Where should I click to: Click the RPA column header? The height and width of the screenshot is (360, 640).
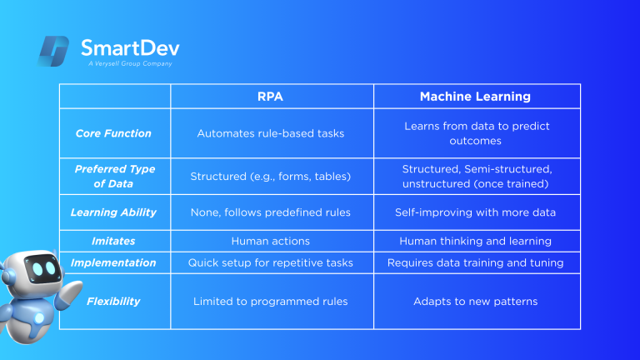pos(270,97)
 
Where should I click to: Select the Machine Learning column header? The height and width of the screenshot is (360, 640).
pos(475,97)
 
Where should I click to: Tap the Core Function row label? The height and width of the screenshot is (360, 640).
pos(113,133)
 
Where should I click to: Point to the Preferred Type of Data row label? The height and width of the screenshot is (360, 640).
pos(115,177)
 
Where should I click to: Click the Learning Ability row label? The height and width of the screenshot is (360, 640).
pos(113,212)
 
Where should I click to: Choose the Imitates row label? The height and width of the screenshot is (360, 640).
pos(113,241)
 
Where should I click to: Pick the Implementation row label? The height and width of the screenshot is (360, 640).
pos(113,262)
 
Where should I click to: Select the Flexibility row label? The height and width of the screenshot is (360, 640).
pos(113,301)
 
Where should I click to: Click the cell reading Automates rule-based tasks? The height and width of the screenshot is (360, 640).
pos(271,133)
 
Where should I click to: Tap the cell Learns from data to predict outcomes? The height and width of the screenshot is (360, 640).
pos(477,133)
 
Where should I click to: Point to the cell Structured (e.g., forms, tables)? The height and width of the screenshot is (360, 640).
pos(271,177)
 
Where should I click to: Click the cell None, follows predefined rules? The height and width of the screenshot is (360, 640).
pos(271,212)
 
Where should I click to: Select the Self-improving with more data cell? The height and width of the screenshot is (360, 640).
pos(476,212)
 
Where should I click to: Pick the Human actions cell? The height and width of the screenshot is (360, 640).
pos(271,241)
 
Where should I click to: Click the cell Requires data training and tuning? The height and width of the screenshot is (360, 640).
pos(476,262)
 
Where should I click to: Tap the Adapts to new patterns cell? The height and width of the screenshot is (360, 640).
pos(476,301)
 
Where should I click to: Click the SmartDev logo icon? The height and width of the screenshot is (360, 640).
pos(53,51)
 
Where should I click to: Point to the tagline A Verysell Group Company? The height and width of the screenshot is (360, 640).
pos(130,63)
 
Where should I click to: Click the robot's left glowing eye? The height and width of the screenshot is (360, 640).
pos(37,269)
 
